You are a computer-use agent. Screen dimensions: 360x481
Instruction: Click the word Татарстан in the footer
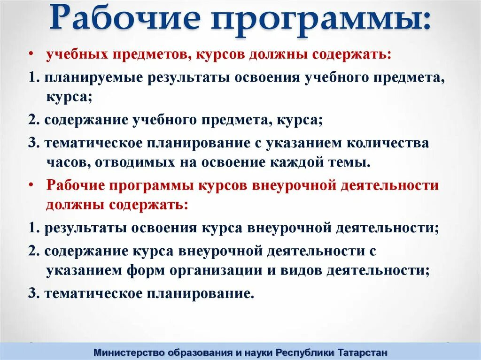(363, 352)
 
